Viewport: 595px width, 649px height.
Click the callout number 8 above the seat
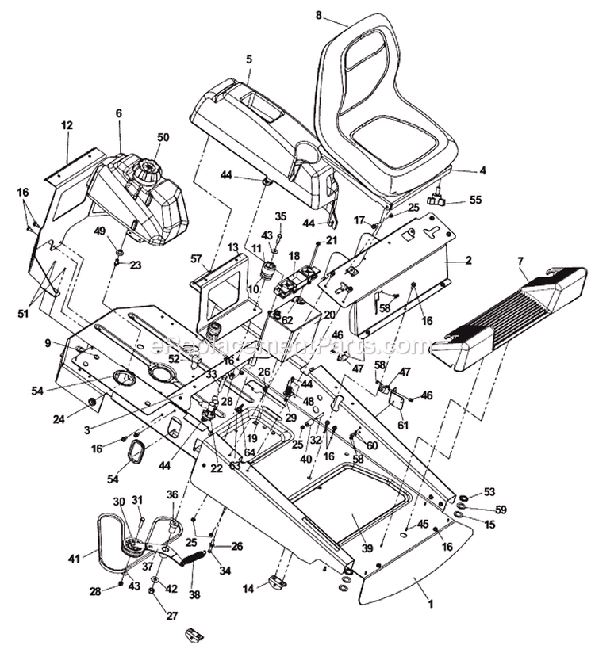tap(319, 14)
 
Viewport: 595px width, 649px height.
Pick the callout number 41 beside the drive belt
tap(119, 113)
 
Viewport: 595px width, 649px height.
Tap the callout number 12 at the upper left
tap(67, 125)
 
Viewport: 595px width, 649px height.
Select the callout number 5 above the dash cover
tap(248, 58)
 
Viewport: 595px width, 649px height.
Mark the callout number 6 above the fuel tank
tap(119, 113)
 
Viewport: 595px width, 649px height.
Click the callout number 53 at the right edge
tap(489, 492)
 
